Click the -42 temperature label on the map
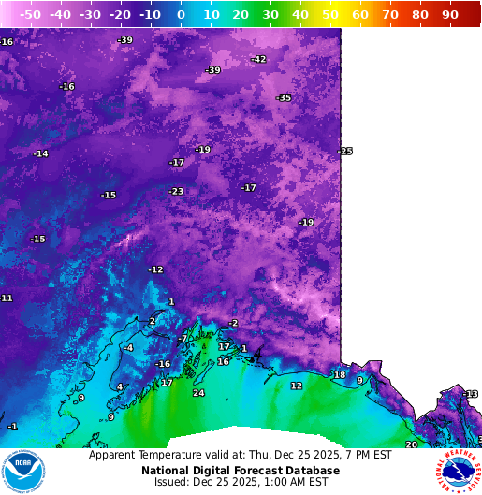tap(258, 60)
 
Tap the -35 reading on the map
tap(284, 98)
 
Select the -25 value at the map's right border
tap(345, 152)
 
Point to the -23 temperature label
tap(176, 192)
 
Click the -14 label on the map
tap(40, 154)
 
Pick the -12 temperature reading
tap(155, 270)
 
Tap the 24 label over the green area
tap(198, 393)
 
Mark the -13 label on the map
tap(471, 394)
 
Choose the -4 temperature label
tap(128, 348)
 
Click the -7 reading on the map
tap(183, 339)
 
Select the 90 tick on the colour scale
tap(449, 15)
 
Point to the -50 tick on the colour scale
tap(30, 15)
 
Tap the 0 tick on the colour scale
tap(181, 15)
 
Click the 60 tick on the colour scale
tap(359, 15)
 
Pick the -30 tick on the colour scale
tap(90, 15)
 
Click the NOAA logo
tap(23, 471)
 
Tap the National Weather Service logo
tap(458, 471)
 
